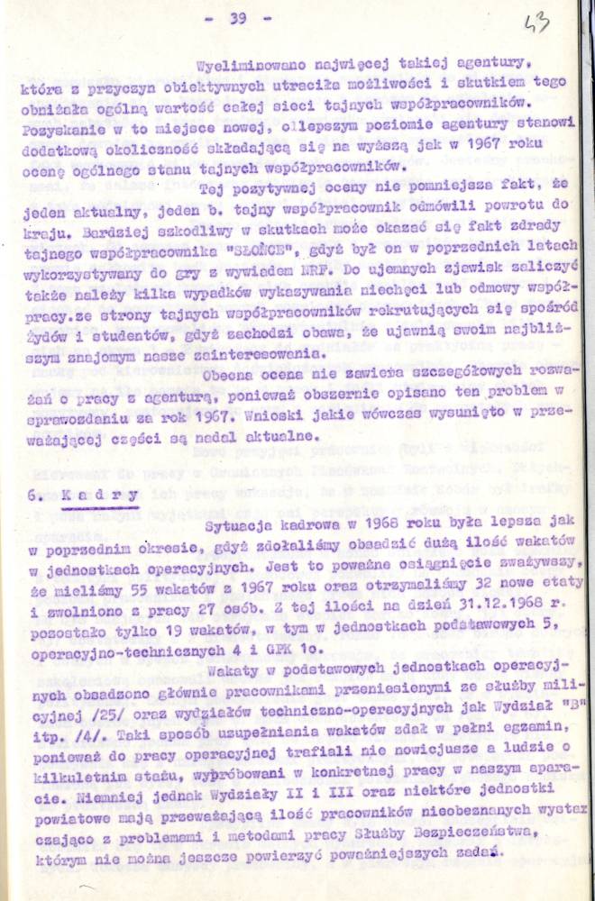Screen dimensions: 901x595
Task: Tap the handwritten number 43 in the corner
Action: [x=536, y=24]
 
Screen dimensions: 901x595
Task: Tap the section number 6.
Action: [x=33, y=495]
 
